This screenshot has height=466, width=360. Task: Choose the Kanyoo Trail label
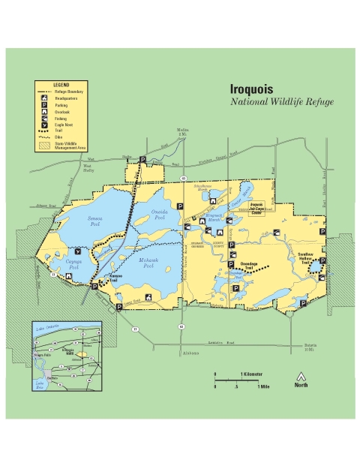tap(116, 278)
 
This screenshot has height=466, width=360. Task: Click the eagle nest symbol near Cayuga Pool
tap(79, 254)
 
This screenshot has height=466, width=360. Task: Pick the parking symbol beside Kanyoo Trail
tap(94, 287)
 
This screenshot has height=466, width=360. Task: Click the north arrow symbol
tap(301, 375)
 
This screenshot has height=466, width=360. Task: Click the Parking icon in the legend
tap(46, 106)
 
